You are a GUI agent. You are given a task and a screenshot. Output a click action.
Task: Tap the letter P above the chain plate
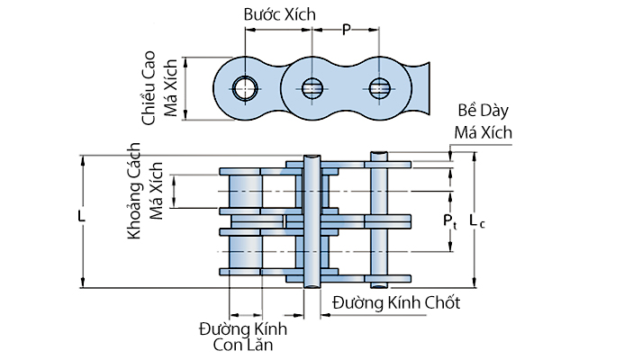(x=347, y=30)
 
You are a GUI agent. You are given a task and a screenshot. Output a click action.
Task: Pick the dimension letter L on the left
(x=81, y=218)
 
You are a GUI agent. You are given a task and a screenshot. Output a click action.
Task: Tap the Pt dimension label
(x=450, y=220)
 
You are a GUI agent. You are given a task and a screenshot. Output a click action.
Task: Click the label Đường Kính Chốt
(x=396, y=302)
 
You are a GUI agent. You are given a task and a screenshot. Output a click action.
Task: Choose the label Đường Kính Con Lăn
(x=236, y=336)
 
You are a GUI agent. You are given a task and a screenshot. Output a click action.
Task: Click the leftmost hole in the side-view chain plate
(x=244, y=87)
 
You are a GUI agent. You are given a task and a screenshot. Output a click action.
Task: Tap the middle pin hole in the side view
(x=312, y=87)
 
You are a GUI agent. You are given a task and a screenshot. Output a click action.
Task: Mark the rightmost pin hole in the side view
(x=379, y=87)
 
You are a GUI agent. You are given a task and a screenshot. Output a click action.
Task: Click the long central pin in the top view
(x=312, y=220)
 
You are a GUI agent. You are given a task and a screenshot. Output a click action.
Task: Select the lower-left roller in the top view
(x=245, y=251)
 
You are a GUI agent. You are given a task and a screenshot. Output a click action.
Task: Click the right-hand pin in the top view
(x=378, y=220)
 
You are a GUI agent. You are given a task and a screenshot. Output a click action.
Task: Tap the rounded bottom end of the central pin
(x=312, y=284)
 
